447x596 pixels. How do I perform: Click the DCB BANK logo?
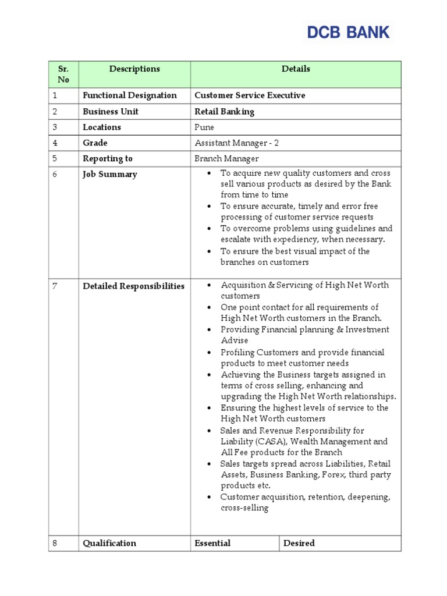348,33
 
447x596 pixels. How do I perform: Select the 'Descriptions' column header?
134,69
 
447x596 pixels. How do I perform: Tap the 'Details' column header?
296,69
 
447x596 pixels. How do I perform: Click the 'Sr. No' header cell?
63,74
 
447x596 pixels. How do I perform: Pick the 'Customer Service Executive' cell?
250,95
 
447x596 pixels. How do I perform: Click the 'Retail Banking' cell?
224,111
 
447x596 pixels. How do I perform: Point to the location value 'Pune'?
204,127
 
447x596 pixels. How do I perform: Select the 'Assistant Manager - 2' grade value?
232,143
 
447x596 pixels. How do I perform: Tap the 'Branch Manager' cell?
226,158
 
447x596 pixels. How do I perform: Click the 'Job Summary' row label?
110,174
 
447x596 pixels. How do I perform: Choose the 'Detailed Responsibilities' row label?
133,286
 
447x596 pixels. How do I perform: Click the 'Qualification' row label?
109,543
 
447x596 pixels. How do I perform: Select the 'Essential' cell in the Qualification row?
212,543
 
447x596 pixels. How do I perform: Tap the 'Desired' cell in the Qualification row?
299,543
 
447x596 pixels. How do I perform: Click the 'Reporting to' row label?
108,158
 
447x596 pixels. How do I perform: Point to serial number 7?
55,286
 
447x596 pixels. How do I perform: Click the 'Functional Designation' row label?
130,95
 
